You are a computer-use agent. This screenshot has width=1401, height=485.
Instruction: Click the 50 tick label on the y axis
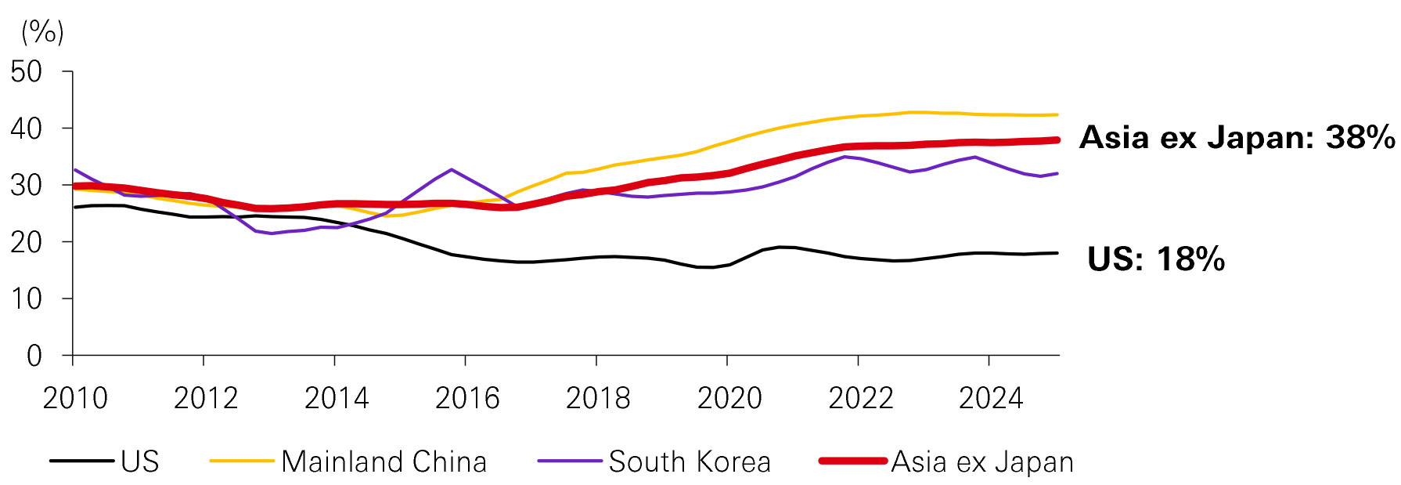pos(27,72)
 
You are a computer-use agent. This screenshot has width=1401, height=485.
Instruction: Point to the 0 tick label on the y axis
pos(34,357)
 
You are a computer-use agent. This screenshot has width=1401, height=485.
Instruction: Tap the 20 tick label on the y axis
pos(27,242)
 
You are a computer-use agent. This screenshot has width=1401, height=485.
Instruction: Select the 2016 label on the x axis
pos(467,399)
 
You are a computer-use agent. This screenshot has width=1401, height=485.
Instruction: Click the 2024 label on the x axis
pos(991,399)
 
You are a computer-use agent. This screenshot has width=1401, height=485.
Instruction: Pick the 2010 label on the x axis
pos(75,399)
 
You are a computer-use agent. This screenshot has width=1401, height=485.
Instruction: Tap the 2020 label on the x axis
pos(729,399)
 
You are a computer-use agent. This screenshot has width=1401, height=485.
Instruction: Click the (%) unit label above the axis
pos(43,32)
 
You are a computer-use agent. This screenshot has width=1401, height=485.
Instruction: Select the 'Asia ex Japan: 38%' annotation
pos(1237,138)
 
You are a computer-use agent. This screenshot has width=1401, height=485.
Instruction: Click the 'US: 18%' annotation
pos(1156,259)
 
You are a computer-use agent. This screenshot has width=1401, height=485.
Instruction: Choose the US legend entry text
pos(140,461)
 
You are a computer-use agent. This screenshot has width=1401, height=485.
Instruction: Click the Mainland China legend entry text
pos(384,461)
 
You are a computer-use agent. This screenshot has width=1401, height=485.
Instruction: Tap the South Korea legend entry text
pos(690,461)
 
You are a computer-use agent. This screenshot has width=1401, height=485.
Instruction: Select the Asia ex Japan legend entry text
pos(982,461)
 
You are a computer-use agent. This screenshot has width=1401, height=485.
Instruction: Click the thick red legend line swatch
pos(852,461)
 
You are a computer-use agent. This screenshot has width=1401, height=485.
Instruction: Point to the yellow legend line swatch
pos(242,461)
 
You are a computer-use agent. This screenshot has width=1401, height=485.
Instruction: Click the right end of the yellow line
pos(1057,115)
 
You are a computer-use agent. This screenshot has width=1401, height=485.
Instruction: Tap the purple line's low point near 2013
pos(271,233)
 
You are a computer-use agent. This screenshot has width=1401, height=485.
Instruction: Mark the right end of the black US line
pos(1057,253)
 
